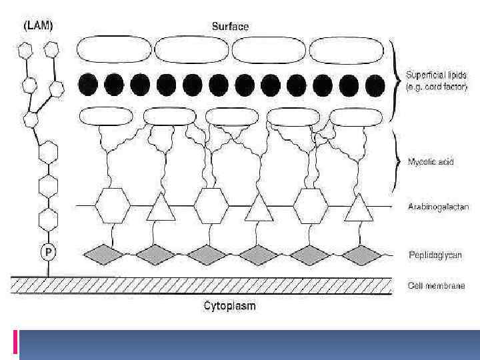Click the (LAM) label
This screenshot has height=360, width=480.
(39, 26)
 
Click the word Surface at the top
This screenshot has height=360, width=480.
(230, 27)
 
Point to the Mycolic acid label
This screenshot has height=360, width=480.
(431, 162)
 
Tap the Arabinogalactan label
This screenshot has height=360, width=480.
(438, 207)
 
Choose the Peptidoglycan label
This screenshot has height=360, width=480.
(435, 255)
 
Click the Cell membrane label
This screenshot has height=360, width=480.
(436, 285)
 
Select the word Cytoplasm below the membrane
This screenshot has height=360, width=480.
(229, 307)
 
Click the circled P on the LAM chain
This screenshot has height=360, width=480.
(48, 252)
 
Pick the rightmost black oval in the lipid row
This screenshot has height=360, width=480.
(375, 84)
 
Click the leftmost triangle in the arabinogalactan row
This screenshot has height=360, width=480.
(161, 208)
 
